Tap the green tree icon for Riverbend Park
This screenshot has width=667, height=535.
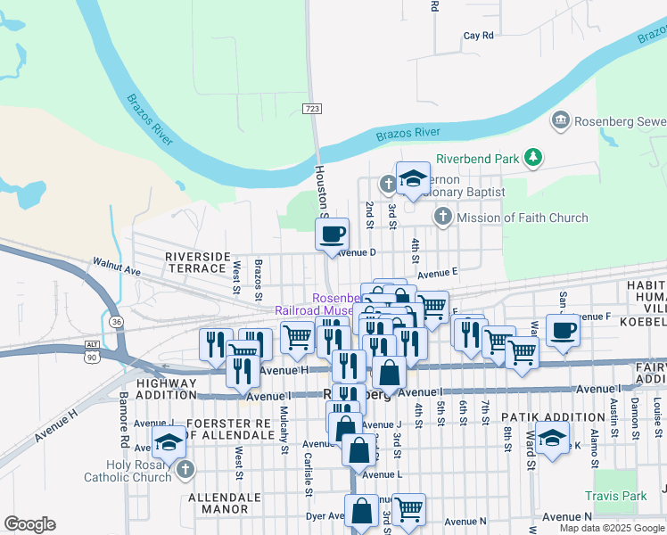pos(533,159)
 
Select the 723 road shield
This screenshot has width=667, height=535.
pos(311,108)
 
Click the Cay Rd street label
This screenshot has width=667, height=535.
pos(478,36)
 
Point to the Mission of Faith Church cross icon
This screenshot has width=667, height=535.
pos(443,217)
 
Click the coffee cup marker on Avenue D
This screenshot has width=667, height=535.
pos(333,235)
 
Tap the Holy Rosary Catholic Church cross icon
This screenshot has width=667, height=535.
pos(185,468)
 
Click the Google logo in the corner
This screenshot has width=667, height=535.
pos(29,524)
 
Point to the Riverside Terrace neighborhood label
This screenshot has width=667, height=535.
pos(195,262)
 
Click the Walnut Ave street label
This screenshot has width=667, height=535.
pos(117,265)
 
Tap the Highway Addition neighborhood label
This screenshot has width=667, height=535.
pos(166,388)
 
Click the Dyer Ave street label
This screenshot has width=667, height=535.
pos(325,515)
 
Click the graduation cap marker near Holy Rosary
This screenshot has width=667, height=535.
pos(168,442)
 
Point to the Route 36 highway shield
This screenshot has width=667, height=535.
pos(117,320)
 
